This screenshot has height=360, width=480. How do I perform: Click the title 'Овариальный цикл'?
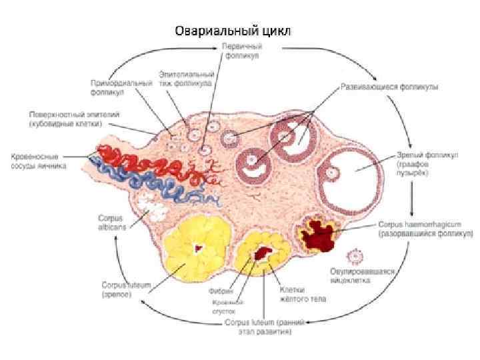coord(233,31)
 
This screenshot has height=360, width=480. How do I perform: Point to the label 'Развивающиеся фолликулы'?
coord(389,87)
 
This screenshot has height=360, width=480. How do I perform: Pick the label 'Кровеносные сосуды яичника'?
coord(37,160)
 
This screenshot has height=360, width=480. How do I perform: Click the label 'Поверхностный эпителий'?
coord(64,119)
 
